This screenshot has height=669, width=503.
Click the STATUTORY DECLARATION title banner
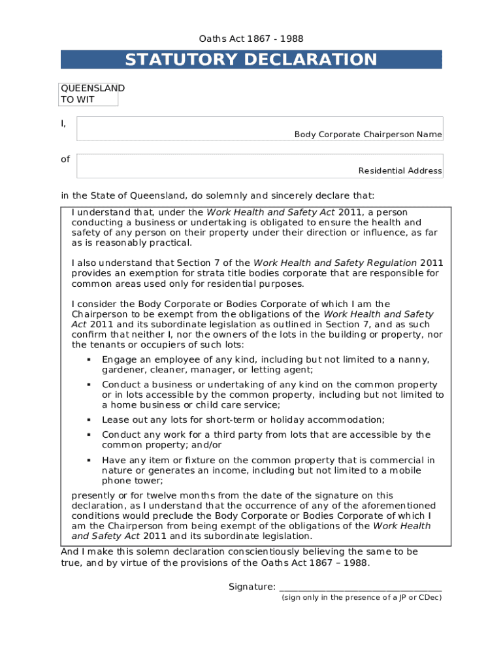pyautogui.click(x=251, y=59)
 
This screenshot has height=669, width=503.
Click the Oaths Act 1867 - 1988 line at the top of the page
pyautogui.click(x=251, y=39)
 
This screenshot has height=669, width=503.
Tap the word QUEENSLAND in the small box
pyautogui.click(x=92, y=88)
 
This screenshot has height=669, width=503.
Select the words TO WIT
pyautogui.click(x=77, y=99)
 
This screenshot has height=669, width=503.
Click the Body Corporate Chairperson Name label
pyautogui.click(x=368, y=134)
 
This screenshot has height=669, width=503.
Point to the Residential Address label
pyautogui.click(x=400, y=171)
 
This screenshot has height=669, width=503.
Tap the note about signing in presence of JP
pyautogui.click(x=361, y=597)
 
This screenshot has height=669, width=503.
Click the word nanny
pyautogui.click(x=415, y=359)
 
